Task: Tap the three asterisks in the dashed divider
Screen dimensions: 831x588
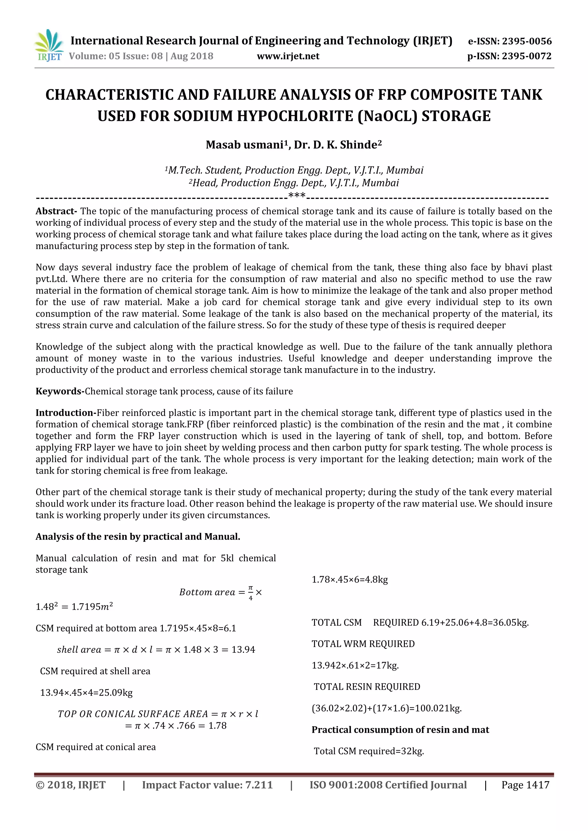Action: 297,196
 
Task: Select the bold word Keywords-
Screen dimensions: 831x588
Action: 60,391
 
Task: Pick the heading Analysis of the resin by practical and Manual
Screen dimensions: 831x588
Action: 138,536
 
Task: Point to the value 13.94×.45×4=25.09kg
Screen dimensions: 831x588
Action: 86,693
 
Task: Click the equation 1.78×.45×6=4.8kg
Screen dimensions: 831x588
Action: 349,580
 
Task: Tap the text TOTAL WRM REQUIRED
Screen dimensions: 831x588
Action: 363,644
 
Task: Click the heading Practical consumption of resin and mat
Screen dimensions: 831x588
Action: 400,730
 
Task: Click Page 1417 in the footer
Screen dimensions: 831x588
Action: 525,785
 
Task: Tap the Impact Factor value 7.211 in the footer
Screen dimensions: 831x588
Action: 259,785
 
